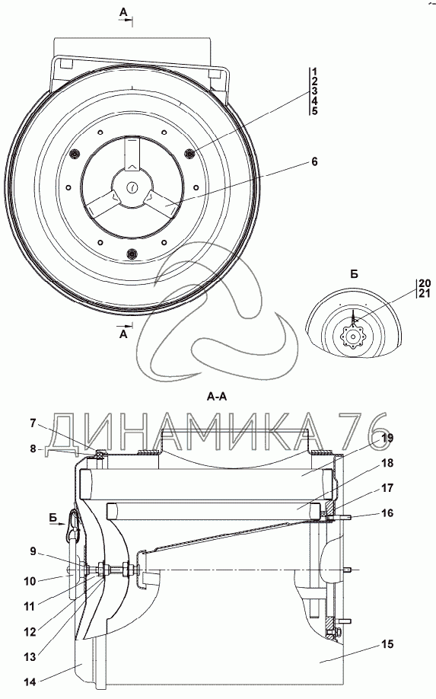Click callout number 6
pyautogui.click(x=314, y=162)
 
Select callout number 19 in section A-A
pyautogui.click(x=387, y=438)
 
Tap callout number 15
pyautogui.click(x=387, y=643)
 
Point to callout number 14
pyautogui.click(x=30, y=681)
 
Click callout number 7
pyautogui.click(x=33, y=423)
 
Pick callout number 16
pyautogui.click(x=387, y=512)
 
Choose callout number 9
pyautogui.click(x=33, y=551)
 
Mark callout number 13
pyautogui.click(x=30, y=656)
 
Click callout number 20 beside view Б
pyautogui.click(x=425, y=283)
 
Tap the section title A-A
pyautogui.click(x=217, y=396)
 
